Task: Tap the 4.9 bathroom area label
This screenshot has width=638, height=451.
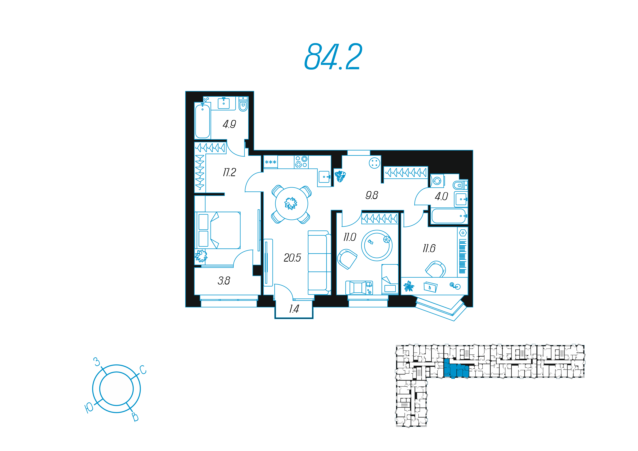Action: click(x=229, y=124)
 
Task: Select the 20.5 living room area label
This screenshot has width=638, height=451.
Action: click(x=292, y=258)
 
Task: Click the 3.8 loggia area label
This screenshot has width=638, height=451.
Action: click(x=224, y=281)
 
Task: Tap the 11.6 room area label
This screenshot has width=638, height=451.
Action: click(x=429, y=248)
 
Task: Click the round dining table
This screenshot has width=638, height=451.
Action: click(x=291, y=204)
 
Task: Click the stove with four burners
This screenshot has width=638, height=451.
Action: click(x=301, y=162)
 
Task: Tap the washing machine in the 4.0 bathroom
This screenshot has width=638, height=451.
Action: click(x=437, y=181)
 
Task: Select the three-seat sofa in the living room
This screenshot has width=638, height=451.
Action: click(x=319, y=263)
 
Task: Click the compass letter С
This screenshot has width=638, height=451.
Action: click(x=143, y=370)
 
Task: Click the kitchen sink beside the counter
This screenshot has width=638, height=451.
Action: click(x=324, y=177)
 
